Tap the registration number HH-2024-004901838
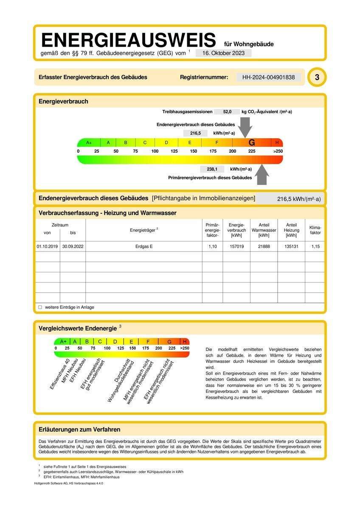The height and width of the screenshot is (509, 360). point(268,77)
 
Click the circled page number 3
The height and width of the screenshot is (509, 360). point(317,77)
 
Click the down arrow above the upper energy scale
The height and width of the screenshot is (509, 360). point(245,127)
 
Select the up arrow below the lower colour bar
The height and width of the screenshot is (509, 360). point(262,174)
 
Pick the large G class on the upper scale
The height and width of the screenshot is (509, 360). point(252,143)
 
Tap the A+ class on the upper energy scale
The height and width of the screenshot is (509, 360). point(89,143)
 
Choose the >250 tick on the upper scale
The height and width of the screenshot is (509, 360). point(278,151)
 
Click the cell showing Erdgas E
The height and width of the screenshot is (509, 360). point(144,246)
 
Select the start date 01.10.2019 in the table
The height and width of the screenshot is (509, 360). point(47,246)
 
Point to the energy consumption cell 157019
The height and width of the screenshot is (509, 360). point(236,246)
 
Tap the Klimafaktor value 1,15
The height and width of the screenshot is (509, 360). point(315,246)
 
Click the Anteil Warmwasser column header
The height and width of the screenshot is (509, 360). point(264,230)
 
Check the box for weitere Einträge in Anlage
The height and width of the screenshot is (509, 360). point(40,307)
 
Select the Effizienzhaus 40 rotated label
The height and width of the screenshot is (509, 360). point(60,374)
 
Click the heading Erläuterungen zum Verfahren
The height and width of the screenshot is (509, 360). point(79,430)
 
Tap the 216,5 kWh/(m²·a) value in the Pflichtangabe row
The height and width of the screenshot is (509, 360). point(299,199)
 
